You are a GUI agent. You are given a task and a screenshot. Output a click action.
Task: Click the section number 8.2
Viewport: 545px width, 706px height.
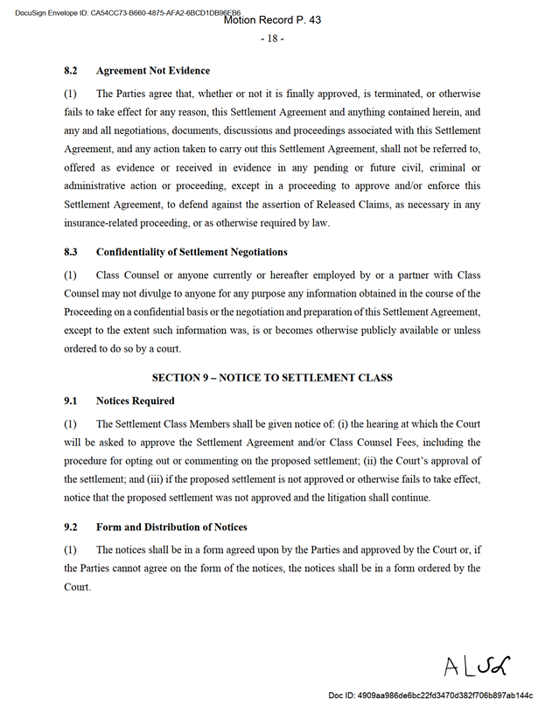click(x=72, y=71)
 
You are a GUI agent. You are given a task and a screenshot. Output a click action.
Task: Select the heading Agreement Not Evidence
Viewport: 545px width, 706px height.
click(x=153, y=71)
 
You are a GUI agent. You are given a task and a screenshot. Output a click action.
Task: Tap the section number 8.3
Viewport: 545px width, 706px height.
click(x=72, y=252)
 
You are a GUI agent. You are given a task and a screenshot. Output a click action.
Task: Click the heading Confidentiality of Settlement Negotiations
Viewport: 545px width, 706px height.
click(x=192, y=252)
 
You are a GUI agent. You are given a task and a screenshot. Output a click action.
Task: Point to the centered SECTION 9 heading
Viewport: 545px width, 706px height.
click(x=272, y=378)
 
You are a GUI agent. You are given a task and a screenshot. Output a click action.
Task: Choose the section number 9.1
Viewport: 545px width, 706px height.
click(x=72, y=401)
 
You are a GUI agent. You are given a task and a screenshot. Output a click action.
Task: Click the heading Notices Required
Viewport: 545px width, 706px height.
click(x=136, y=401)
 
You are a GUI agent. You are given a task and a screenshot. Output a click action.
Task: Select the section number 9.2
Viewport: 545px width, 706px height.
click(x=72, y=528)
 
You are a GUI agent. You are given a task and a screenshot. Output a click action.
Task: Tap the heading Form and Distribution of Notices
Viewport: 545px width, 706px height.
click(x=171, y=528)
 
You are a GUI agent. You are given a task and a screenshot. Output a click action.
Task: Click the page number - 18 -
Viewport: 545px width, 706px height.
click(x=272, y=38)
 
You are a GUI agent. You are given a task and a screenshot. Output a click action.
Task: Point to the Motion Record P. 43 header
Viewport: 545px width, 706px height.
click(x=272, y=20)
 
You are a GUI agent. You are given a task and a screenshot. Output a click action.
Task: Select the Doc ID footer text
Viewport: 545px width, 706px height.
click(x=430, y=695)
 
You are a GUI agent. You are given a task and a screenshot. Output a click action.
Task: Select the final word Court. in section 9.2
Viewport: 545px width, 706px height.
click(x=78, y=587)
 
